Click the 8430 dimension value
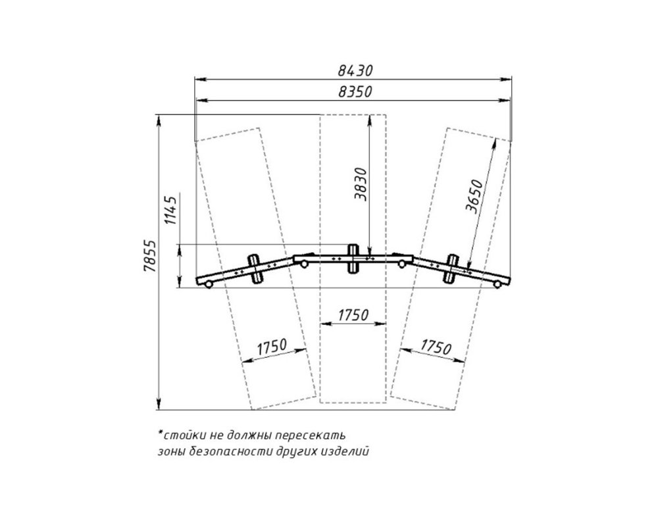click(x=355, y=70)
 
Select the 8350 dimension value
click(x=355, y=91)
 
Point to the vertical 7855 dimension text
click(x=150, y=256)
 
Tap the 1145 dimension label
click(x=171, y=210)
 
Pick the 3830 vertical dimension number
click(x=361, y=184)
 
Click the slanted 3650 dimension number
click(x=474, y=197)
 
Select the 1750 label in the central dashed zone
click(x=353, y=314)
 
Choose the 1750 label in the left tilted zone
click(x=272, y=347)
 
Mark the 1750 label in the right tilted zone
click(x=435, y=347)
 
